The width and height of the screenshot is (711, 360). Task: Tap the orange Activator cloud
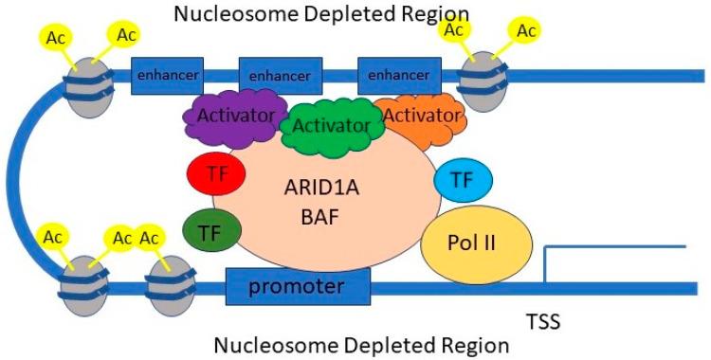[x=415, y=116]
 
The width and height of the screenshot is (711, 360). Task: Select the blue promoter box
[x=297, y=284]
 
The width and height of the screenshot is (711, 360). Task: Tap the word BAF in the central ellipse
[x=326, y=215]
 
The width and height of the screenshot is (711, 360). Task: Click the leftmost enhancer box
[x=167, y=73]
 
